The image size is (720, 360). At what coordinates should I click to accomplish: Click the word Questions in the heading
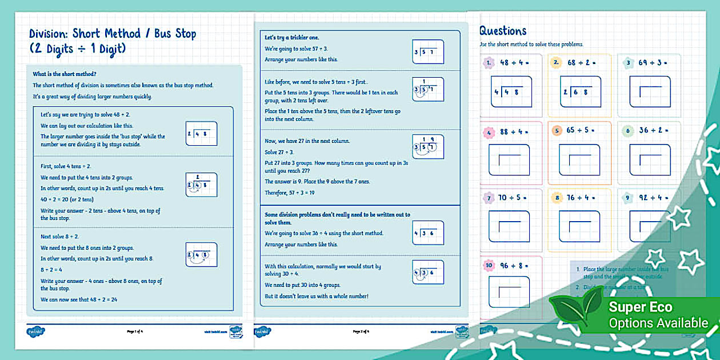[x=503, y=31]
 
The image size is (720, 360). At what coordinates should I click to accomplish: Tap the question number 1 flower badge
[x=489, y=63]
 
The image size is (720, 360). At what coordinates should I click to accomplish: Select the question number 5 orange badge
[x=557, y=131]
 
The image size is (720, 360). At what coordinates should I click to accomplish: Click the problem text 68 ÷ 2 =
[x=582, y=63]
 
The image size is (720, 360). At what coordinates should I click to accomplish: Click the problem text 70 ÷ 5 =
[x=511, y=198]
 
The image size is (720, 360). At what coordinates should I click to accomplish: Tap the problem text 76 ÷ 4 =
[x=581, y=198]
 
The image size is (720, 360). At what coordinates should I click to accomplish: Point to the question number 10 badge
[x=489, y=265]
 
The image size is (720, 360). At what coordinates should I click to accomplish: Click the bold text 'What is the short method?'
[x=64, y=74]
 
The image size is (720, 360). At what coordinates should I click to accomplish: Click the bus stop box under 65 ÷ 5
[x=579, y=159]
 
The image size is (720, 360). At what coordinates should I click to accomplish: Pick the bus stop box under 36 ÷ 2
[x=649, y=159]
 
